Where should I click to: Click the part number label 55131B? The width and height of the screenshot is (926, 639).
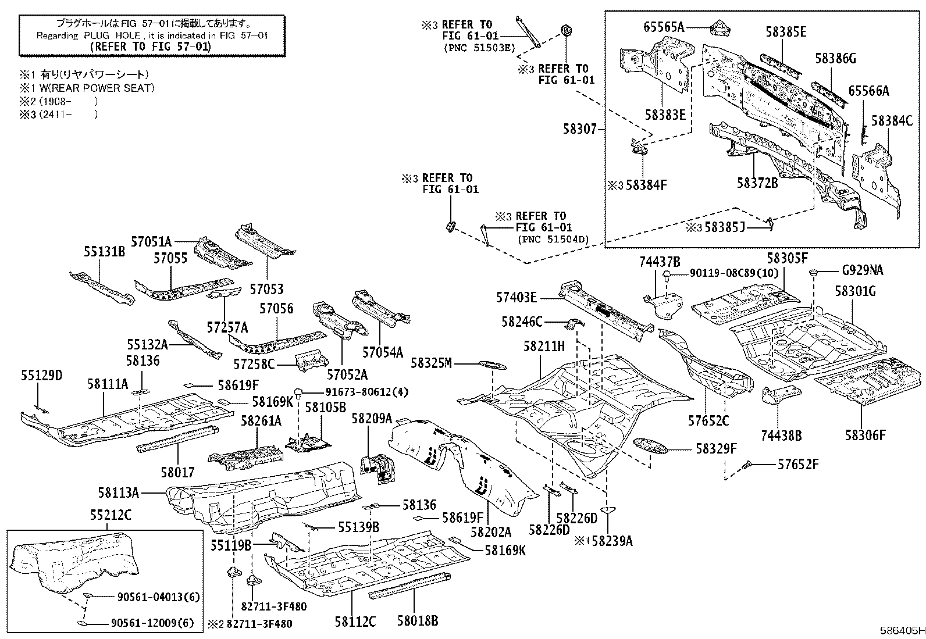tap(104, 252)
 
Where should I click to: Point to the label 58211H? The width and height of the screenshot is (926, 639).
tap(544, 347)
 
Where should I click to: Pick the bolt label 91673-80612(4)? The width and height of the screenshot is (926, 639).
tap(358, 392)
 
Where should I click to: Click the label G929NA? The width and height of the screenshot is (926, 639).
tap(862, 270)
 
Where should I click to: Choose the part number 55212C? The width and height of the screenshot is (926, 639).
tap(111, 515)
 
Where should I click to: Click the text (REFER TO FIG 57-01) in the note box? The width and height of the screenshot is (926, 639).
tap(152, 47)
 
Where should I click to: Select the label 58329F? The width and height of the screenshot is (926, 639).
tap(716, 448)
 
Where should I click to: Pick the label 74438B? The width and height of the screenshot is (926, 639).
tap(781, 435)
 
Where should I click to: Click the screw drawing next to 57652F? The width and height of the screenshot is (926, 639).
tap(749, 464)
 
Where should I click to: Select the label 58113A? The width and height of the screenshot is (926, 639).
tap(118, 493)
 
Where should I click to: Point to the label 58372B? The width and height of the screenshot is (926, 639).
tap(757, 183)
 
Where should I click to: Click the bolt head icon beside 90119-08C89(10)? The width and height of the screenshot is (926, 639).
tap(669, 273)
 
